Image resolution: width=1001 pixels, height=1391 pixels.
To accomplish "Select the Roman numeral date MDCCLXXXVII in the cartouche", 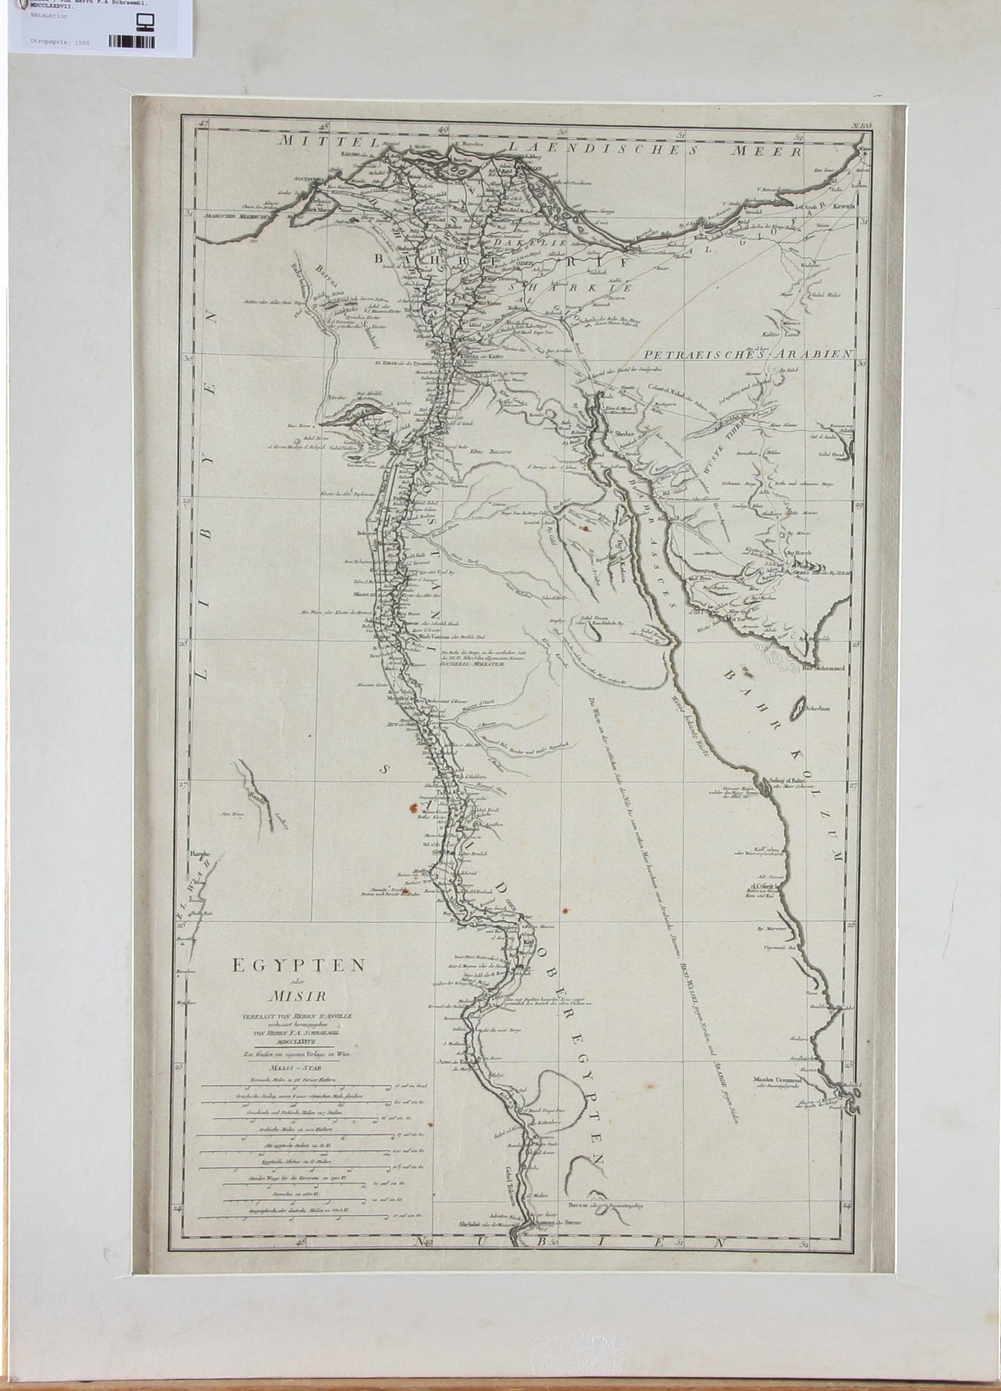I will pos(297,1041).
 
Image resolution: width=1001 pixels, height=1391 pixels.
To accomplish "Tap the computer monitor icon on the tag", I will pos(147,25).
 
